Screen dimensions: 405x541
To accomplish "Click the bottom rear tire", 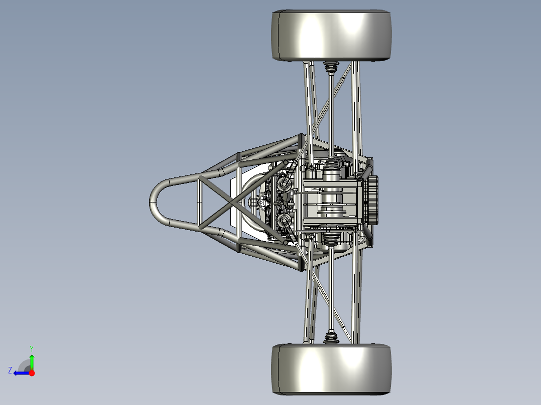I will [332, 368].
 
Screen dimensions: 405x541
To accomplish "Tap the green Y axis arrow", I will [32, 360].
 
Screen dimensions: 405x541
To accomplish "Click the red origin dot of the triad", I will [32, 373].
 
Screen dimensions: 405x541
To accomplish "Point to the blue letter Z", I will [10, 370].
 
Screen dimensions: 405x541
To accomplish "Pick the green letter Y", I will [32, 348].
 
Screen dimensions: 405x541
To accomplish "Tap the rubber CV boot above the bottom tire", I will [331, 337].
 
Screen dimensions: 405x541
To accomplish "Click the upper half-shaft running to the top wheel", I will [331, 115].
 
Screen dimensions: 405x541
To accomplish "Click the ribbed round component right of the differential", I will [372, 202].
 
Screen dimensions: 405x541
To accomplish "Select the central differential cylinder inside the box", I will [331, 200].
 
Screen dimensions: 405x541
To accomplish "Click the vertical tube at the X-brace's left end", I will [199, 202].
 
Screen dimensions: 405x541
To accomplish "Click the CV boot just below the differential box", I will [331, 240].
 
